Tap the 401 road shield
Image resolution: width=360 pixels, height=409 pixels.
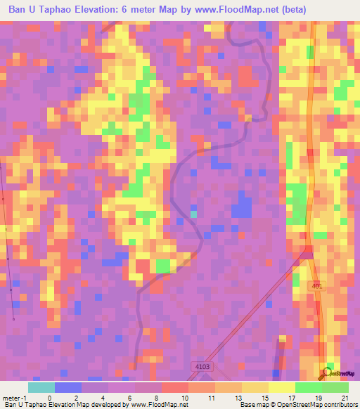tap(316, 285)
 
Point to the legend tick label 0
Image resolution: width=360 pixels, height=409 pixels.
tap(49, 398)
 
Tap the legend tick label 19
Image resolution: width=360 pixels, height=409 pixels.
tap(320, 398)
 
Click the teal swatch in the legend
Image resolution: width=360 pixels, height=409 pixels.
tap(41, 387)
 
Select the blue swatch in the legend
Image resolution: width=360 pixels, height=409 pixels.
tap(67, 387)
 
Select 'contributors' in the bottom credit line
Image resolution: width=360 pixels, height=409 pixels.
tap(340, 405)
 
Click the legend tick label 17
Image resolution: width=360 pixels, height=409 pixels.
tap(292, 398)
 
